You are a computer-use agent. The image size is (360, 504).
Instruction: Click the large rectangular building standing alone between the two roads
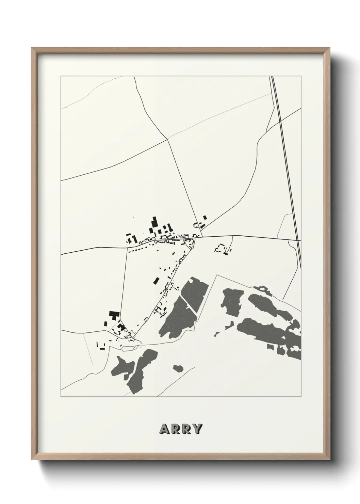pyautogui.click(x=156, y=280)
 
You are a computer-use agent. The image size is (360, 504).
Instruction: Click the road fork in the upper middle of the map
pyautogui.click(x=168, y=139)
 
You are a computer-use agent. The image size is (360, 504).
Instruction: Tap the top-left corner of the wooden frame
pyautogui.click(x=32, y=48)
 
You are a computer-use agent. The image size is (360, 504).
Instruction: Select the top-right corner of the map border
pyautogui.click(x=301, y=76)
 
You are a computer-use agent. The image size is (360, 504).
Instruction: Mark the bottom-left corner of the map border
pyautogui.click(x=61, y=397)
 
